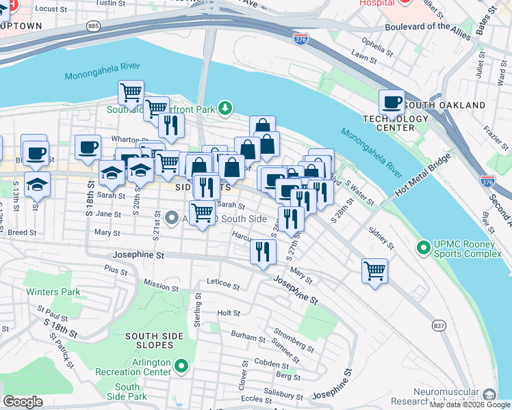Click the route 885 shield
click(93, 26)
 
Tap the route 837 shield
click(439, 326)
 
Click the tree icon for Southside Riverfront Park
click(224, 108)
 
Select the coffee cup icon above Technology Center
click(392, 102)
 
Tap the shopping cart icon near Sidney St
click(374, 271)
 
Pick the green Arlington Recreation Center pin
click(181, 367)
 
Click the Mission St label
click(161, 284)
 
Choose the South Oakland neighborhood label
click(444, 105)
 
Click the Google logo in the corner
click(23, 401)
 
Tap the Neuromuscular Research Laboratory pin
click(489, 394)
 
